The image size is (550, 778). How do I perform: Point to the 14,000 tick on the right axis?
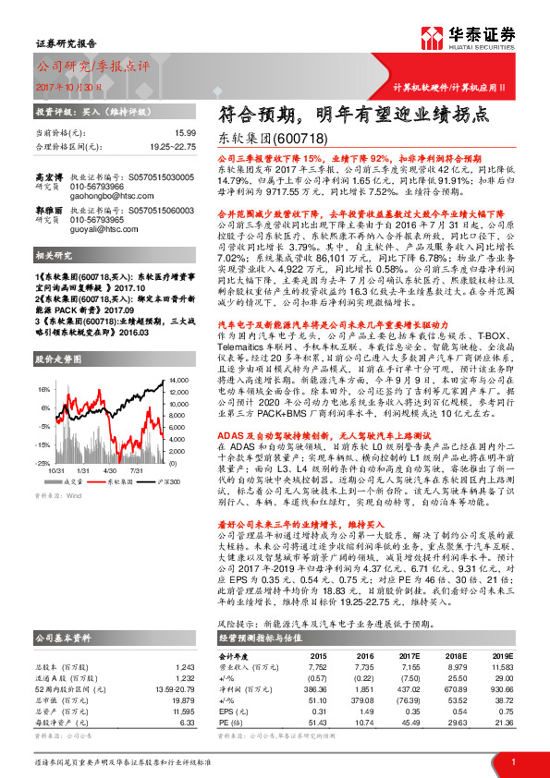(179, 380)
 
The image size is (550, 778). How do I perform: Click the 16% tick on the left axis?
(43, 391)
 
